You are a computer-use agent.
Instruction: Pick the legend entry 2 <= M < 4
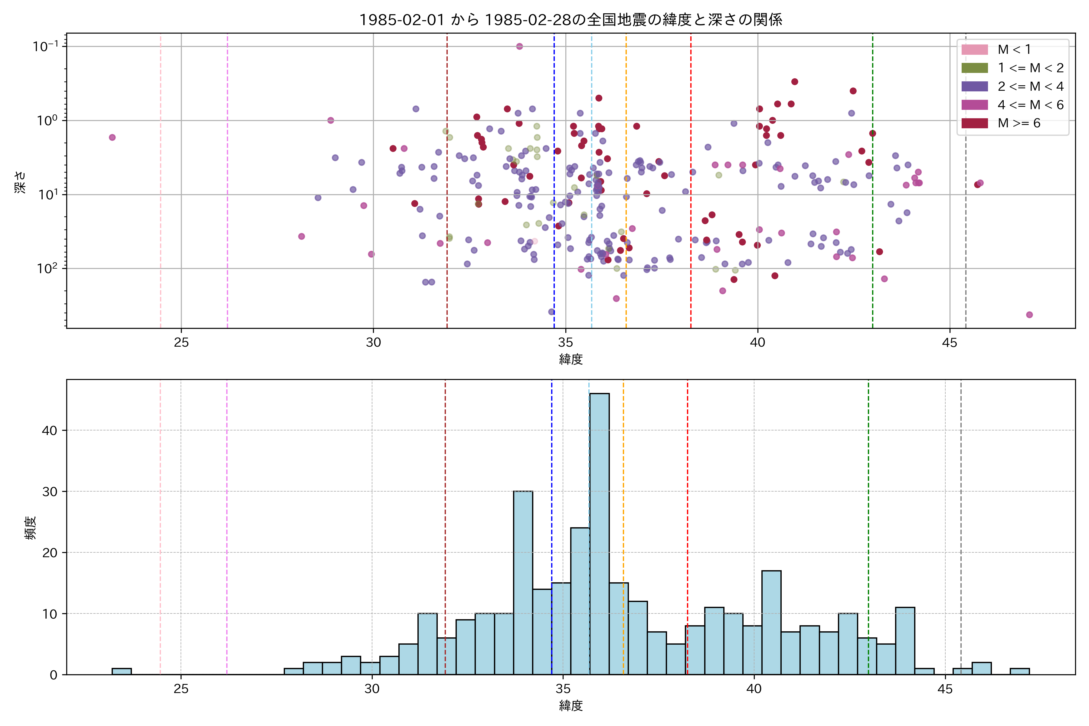pos(1030,87)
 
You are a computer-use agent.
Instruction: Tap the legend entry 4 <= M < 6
pos(1030,105)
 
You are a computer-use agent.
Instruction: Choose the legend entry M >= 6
pos(1019,123)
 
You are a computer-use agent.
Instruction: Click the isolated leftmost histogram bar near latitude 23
pos(121,671)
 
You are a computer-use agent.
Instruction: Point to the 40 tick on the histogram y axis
pos(50,430)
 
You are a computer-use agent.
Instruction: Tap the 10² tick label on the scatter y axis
pos(47,269)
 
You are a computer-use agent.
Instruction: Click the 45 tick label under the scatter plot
pos(950,343)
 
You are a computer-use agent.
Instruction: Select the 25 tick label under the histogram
pos(181,689)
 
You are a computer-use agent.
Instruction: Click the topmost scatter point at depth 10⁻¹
pos(519,46)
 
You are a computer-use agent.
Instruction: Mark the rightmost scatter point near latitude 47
pos(1029,315)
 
